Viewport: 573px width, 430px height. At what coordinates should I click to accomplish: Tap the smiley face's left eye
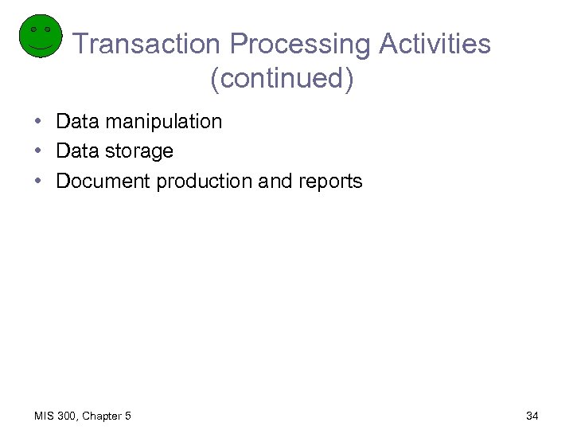[33, 29]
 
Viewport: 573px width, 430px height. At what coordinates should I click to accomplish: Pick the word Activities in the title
[435, 44]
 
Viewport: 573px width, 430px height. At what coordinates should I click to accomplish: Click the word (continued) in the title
[282, 78]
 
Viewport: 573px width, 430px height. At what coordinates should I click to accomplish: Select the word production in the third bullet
[205, 182]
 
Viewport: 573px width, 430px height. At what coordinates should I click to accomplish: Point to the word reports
[330, 182]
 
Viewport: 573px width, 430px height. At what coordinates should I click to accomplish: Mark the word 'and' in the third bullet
[275, 181]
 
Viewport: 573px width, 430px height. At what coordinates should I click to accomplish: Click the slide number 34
[532, 416]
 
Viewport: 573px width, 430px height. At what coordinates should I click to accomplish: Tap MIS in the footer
[44, 416]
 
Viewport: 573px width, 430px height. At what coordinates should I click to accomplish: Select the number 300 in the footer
[68, 416]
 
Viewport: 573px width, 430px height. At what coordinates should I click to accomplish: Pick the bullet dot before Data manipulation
[38, 122]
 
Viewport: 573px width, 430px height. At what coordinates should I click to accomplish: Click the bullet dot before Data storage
[38, 151]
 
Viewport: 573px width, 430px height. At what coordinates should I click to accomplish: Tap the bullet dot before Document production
[38, 181]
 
